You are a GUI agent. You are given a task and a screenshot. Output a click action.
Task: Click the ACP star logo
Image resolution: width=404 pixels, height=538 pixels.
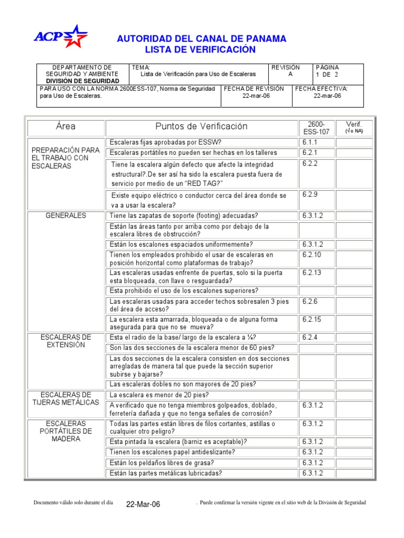point(61,36)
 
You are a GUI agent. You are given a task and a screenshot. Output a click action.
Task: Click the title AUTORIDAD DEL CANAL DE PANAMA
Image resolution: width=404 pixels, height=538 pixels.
point(201,39)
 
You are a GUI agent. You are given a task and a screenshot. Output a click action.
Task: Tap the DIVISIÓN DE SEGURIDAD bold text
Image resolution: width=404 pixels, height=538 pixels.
point(83,81)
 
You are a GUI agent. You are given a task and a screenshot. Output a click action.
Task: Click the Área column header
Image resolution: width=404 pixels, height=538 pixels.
point(66,127)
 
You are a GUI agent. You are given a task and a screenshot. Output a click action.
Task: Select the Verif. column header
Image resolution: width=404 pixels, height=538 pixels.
point(354,127)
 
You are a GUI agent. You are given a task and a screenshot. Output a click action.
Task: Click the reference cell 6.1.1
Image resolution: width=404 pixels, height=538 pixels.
point(310,142)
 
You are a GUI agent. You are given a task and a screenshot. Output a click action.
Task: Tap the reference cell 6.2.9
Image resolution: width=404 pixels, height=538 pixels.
point(310,194)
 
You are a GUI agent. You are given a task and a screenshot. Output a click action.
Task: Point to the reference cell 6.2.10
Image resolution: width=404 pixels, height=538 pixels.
point(311,255)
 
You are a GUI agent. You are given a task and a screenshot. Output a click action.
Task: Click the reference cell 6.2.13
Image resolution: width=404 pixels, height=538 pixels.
point(311,273)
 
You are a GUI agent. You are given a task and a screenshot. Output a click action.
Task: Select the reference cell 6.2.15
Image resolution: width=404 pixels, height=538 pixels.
point(311,319)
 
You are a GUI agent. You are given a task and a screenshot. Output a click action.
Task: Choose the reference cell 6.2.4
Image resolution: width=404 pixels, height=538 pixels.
point(310,337)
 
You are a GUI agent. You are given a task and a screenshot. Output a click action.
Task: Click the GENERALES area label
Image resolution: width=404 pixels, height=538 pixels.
point(66,216)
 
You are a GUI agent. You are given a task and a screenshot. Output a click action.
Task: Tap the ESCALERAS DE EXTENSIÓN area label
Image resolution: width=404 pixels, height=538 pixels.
point(66,341)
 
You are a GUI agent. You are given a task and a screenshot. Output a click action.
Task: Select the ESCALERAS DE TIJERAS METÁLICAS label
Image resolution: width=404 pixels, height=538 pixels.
point(66,398)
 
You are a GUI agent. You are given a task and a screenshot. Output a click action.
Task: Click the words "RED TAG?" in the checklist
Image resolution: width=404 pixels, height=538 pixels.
point(206,183)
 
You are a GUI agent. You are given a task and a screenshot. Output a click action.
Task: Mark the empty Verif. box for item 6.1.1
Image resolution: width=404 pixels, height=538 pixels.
point(354,142)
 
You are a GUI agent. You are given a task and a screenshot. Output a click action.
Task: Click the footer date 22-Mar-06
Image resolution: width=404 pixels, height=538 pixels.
point(143,504)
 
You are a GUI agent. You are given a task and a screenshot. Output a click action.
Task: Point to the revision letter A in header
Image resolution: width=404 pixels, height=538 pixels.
point(283,75)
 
